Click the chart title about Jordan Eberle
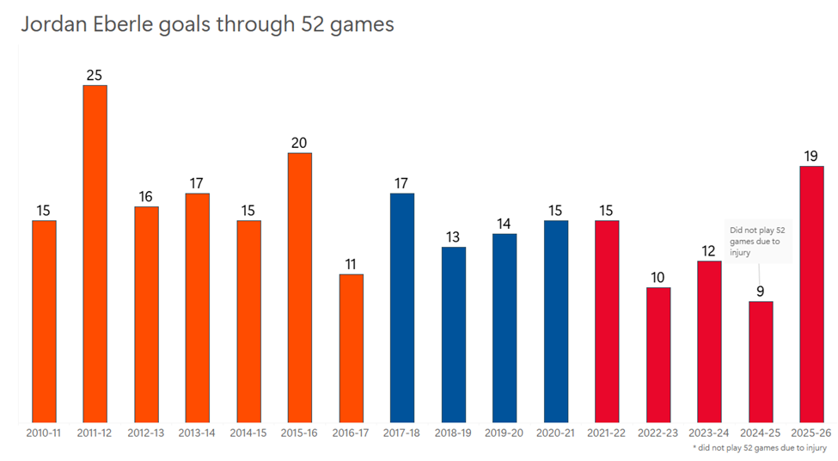207,24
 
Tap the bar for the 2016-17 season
351,348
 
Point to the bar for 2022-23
658,354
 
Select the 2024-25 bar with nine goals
761,361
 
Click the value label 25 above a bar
95,75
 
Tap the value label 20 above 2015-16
299,143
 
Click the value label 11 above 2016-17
351,264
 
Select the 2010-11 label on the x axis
44,433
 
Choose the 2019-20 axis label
505,433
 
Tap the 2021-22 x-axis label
607,433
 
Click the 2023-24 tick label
709,433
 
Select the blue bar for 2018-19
454,335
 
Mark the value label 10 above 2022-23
658,277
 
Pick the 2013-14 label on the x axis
197,433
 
